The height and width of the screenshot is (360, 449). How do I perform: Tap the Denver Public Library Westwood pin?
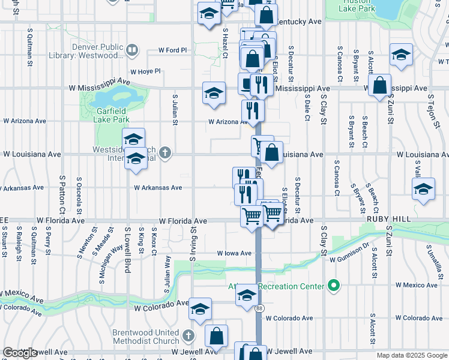coord(133,51)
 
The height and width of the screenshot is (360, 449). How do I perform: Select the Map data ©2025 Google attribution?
coord(411,355)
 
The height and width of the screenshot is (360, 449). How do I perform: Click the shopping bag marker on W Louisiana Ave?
coord(271,153)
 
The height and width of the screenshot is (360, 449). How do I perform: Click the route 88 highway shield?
coord(259,308)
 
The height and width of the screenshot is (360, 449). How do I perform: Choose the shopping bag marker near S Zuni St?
coord(379,86)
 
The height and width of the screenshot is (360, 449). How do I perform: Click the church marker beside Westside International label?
coord(164,154)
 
